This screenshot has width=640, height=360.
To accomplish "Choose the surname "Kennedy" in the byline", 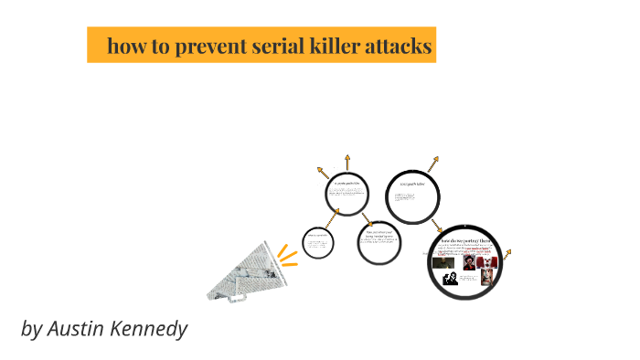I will pos(151,329).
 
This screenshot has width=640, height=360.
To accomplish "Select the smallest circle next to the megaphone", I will pos(316,243).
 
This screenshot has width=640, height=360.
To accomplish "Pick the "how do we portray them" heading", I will pos(466,240).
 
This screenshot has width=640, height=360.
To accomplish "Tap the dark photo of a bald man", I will pos(444,261).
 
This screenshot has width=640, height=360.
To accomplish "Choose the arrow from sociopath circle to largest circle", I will pos(438,225).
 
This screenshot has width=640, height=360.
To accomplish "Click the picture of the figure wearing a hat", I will pos(467,260).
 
